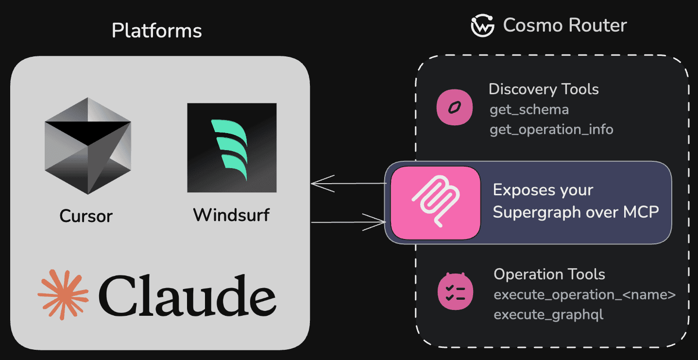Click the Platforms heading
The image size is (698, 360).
click(x=156, y=31)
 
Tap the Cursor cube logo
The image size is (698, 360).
click(x=87, y=146)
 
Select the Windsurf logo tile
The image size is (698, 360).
click(x=232, y=148)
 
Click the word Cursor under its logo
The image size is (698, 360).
click(x=86, y=216)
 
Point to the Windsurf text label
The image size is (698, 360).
click(x=231, y=215)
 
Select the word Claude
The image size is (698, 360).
click(x=187, y=295)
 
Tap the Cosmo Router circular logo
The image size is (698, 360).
click(x=482, y=25)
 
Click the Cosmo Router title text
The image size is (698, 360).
click(x=565, y=25)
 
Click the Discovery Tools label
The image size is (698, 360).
click(x=544, y=89)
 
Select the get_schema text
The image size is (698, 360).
click(x=529, y=109)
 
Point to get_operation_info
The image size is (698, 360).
click(x=551, y=130)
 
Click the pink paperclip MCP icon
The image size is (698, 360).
click(x=435, y=203)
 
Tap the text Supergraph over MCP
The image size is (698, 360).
click(x=576, y=212)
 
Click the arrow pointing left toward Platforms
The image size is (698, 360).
click(x=347, y=184)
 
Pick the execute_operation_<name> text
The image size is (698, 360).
click(x=584, y=294)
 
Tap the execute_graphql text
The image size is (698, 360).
click(x=548, y=315)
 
